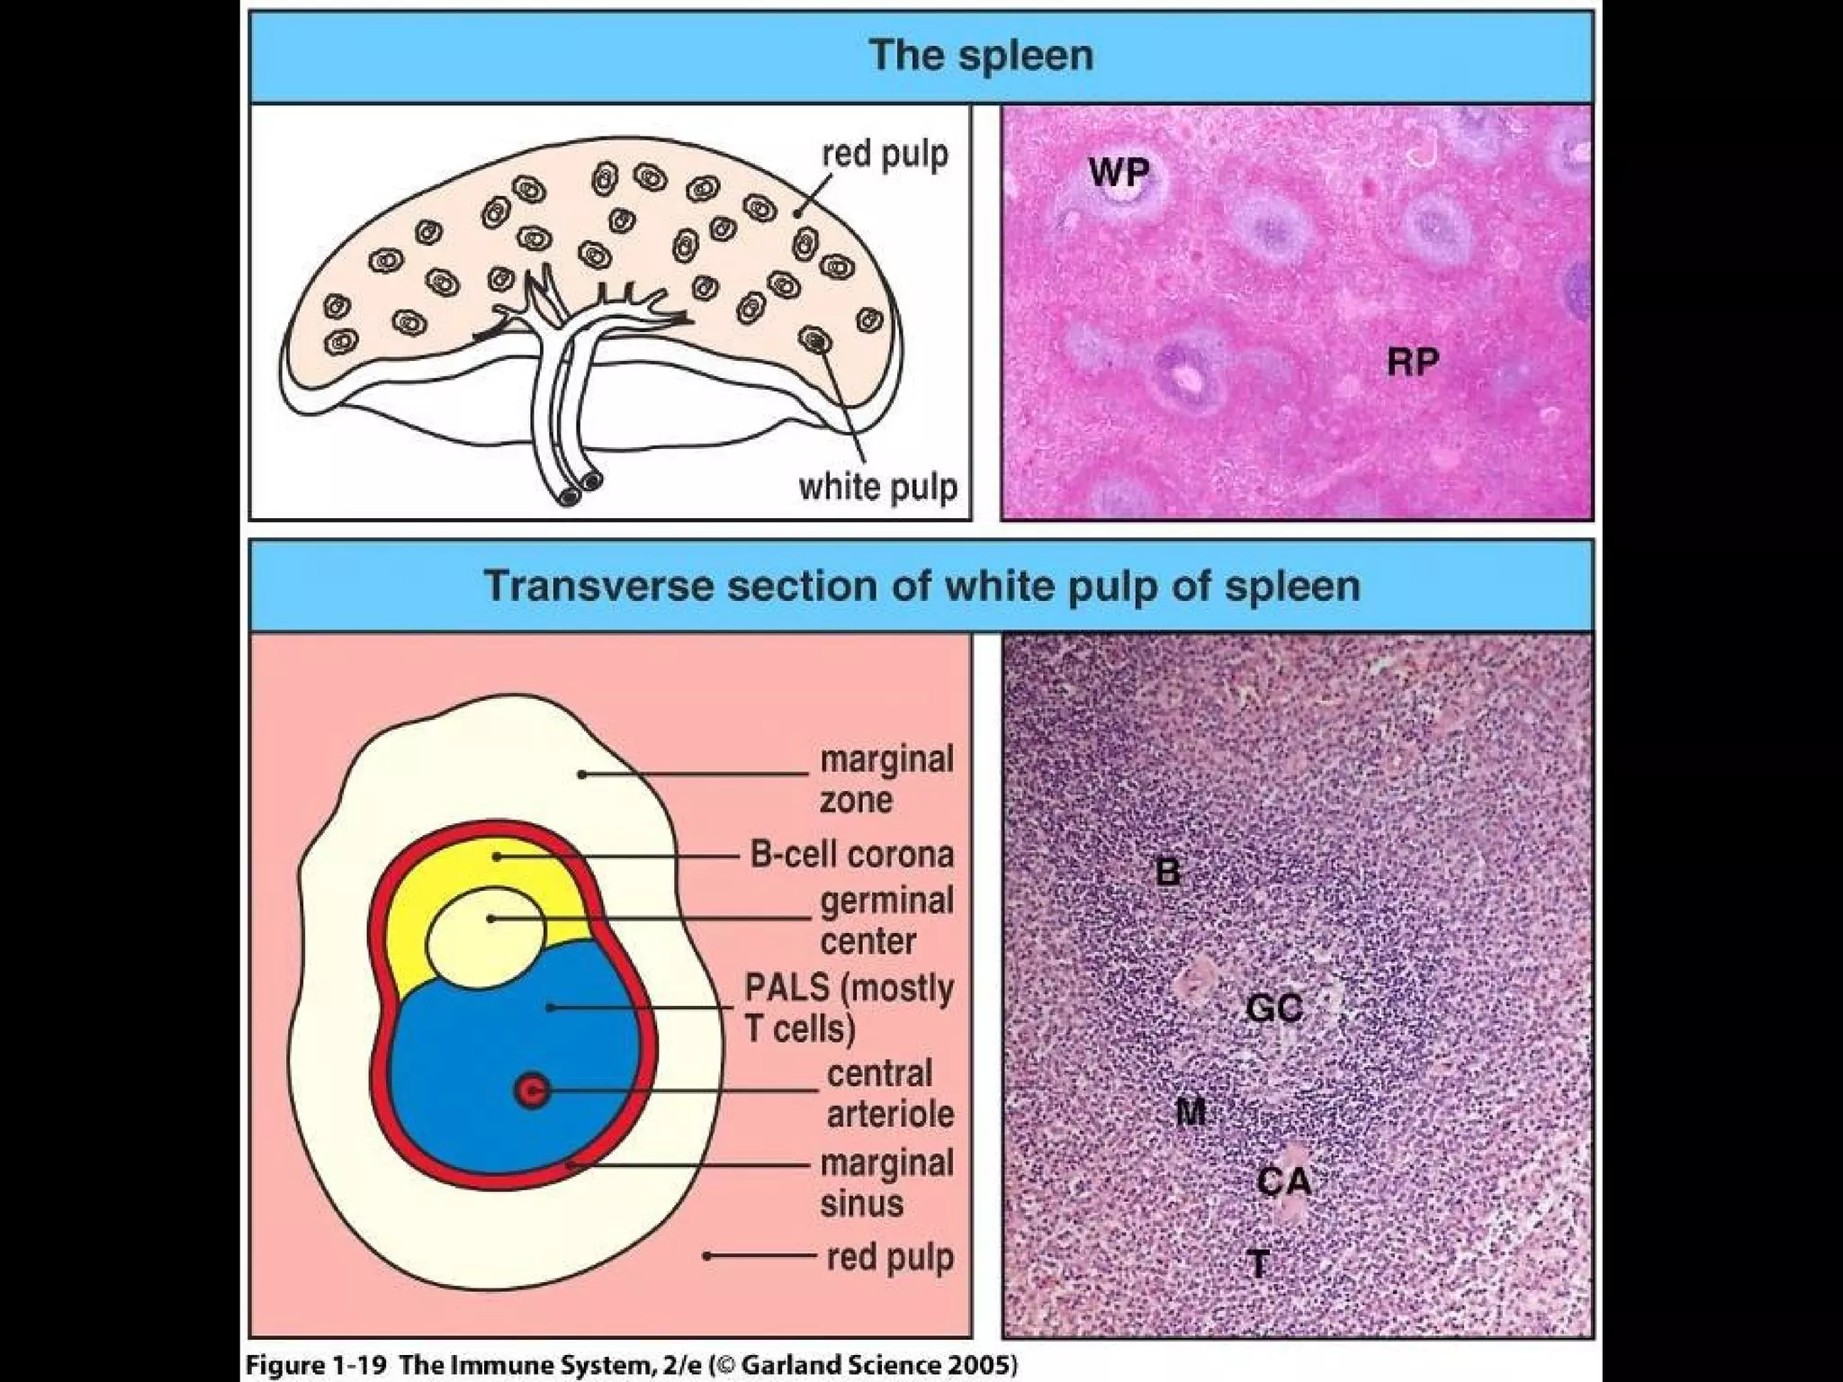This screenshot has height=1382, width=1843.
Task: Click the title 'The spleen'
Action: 981,56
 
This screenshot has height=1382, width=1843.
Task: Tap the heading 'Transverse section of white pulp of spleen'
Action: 922,586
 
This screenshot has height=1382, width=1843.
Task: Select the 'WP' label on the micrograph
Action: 1119,171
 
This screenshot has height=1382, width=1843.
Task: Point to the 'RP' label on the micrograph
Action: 1412,362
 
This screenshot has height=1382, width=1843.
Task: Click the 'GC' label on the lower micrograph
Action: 1274,1008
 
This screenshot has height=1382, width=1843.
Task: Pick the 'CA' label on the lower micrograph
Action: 1283,1180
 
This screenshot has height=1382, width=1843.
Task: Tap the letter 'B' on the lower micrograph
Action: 1167,871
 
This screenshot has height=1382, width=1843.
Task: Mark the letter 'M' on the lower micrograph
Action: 1191,1113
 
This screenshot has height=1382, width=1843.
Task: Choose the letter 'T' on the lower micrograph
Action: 1259,1264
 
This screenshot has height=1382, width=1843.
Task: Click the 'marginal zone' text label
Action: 886,779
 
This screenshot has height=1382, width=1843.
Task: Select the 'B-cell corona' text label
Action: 851,854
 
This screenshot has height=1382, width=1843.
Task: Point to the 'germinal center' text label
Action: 886,920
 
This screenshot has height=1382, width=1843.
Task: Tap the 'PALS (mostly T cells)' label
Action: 848,1008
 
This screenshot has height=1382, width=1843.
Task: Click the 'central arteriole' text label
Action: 889,1093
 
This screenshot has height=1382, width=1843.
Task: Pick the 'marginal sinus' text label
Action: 886,1183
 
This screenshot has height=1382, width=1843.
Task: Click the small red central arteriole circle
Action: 532,1090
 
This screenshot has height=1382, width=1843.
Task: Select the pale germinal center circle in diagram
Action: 485,934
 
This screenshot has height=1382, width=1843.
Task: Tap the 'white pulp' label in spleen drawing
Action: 877,488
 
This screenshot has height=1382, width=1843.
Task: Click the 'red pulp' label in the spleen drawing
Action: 885,155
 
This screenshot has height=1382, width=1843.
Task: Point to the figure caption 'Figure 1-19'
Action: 316,1365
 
